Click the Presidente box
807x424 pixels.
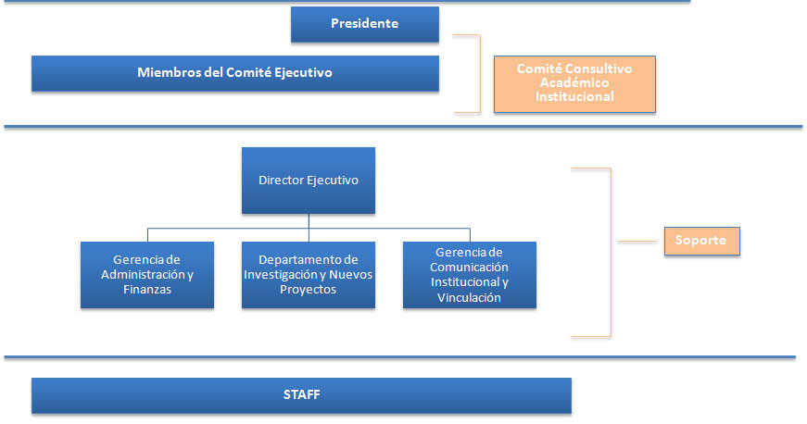365,24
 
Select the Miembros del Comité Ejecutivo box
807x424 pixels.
235,73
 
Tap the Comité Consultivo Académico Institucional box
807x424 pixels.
574,83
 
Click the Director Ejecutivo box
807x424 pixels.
309,181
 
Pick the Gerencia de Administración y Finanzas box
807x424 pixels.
147,275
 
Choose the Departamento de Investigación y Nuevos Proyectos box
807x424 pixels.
309,275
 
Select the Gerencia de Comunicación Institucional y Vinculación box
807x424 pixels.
470,275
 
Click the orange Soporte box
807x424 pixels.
702,241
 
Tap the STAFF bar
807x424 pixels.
302,395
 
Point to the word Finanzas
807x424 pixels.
147,290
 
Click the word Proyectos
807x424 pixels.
308,290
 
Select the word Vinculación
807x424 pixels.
469,297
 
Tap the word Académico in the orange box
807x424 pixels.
574,82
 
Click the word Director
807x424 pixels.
281,181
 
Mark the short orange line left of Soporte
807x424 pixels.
637,241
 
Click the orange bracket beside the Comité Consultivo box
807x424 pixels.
480,73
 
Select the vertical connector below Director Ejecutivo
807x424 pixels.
309,228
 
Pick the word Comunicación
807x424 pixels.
469,268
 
